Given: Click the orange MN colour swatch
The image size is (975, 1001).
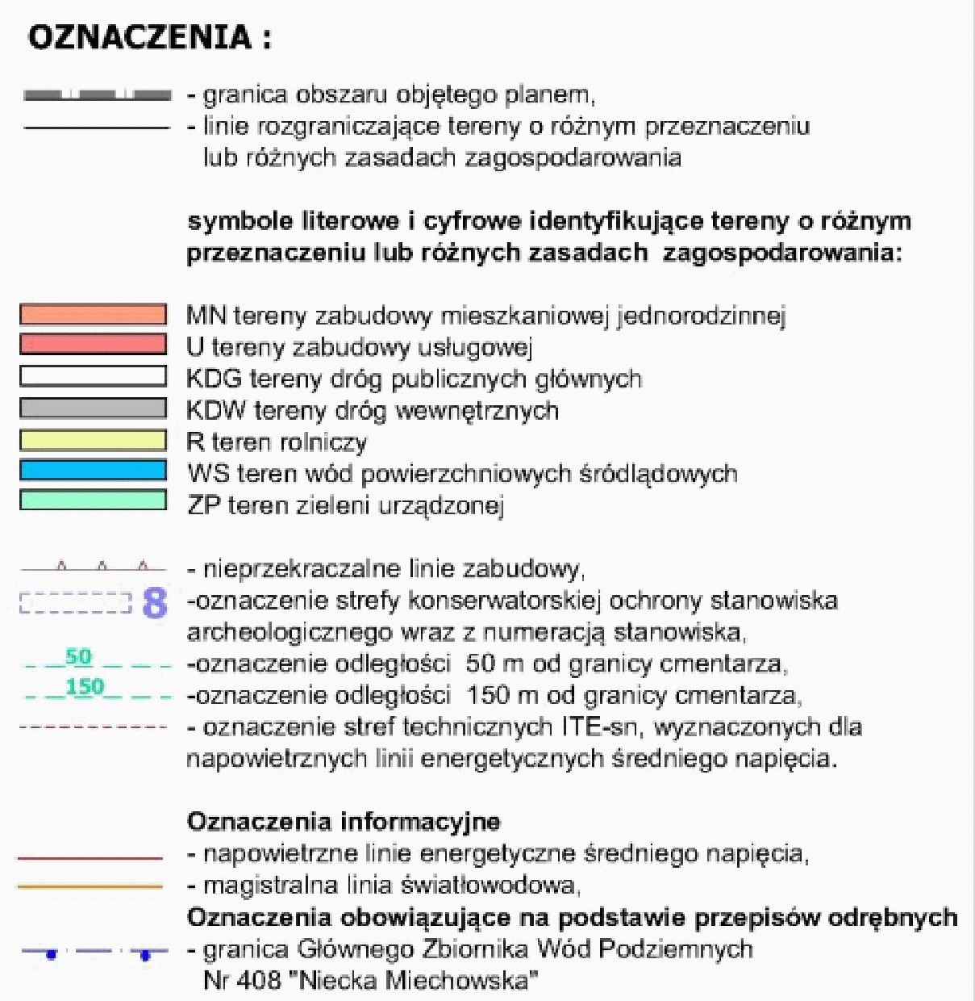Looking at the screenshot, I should coord(93,315).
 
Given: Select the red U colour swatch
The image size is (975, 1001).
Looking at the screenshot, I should coord(93,346).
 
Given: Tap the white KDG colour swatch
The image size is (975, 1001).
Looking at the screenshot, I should coord(93,377).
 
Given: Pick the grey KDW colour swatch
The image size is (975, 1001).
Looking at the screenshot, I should coord(93,408).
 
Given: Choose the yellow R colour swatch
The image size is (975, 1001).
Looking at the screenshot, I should coord(93,440).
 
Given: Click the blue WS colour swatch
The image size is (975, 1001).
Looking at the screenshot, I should coord(93,471).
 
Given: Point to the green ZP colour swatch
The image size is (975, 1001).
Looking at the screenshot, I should coord(93,501).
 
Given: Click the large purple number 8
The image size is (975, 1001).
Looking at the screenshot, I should coord(154,602).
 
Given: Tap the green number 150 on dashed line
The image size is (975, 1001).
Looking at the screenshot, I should coord(85,687).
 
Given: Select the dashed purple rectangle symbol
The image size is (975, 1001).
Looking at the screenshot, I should coord(74,603).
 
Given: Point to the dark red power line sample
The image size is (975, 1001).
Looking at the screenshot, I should coord(90,857).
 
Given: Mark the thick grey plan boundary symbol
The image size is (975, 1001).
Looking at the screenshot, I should coord(97,96).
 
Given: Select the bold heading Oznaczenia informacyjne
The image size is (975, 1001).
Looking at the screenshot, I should coord(344,823).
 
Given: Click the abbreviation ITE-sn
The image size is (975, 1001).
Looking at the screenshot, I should coord(601,727).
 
